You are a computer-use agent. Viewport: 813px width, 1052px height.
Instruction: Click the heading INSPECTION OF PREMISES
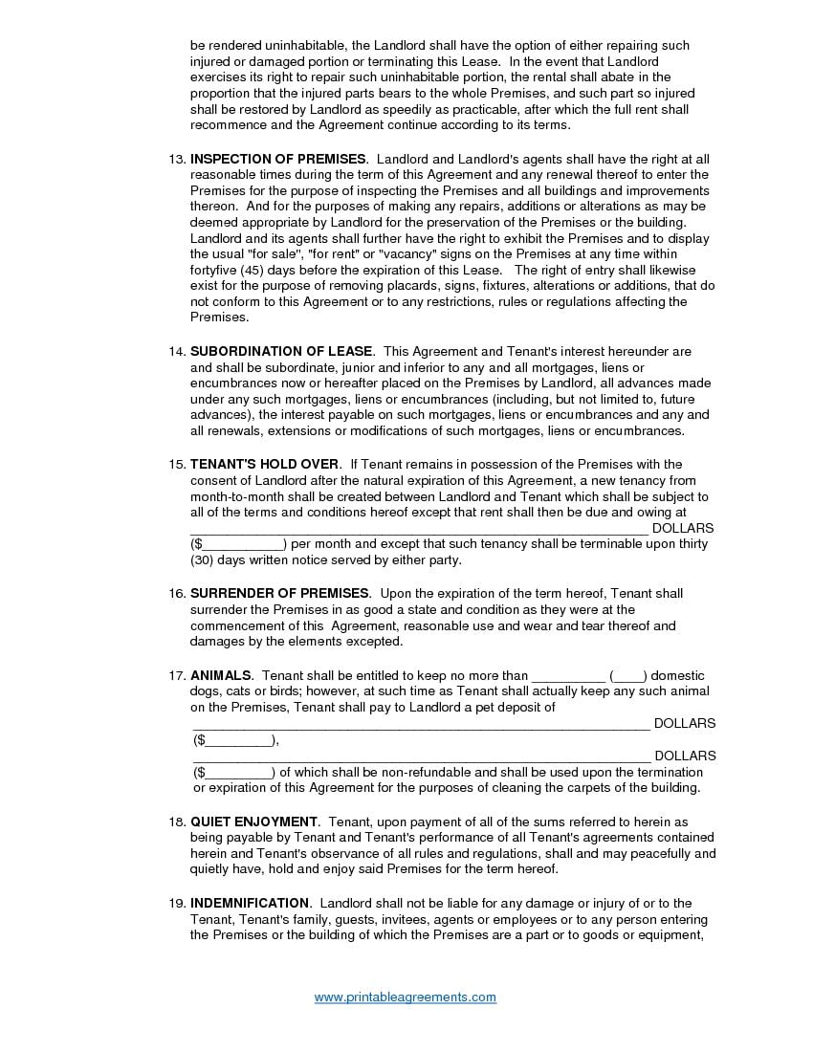(277, 159)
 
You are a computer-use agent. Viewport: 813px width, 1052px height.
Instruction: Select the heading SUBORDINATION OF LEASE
(281, 352)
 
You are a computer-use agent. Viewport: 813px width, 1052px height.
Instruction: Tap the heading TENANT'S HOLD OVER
(265, 465)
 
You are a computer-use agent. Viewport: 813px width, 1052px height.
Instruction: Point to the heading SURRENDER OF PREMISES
(279, 594)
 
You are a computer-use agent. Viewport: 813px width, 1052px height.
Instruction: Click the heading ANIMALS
(221, 675)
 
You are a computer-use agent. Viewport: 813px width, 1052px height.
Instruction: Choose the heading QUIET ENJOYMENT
(253, 822)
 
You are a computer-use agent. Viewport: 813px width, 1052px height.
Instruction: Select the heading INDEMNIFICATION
(250, 903)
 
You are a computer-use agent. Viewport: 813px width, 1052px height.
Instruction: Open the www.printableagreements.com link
(406, 997)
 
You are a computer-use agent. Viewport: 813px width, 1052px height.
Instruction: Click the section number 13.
(176, 159)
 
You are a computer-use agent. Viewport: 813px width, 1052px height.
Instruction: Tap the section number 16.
(176, 594)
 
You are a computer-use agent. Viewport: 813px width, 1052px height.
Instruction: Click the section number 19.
(176, 903)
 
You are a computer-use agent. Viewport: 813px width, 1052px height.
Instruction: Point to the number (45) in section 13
(251, 270)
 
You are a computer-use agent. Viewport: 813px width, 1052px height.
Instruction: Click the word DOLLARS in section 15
(683, 528)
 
